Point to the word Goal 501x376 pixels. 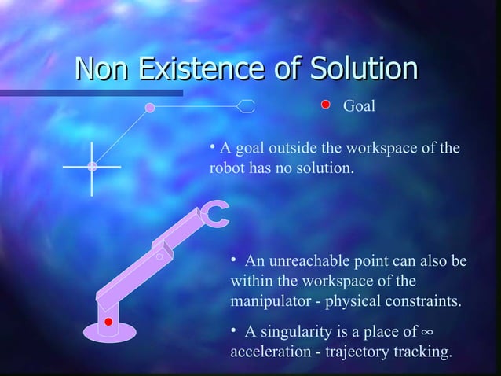[360, 105]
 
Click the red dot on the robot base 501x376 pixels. [109, 323]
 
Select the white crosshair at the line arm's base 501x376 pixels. [92, 167]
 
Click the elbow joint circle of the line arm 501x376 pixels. [150, 106]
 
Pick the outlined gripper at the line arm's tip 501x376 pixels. [247, 106]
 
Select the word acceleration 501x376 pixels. [269, 352]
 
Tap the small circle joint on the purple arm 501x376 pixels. [159, 256]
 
